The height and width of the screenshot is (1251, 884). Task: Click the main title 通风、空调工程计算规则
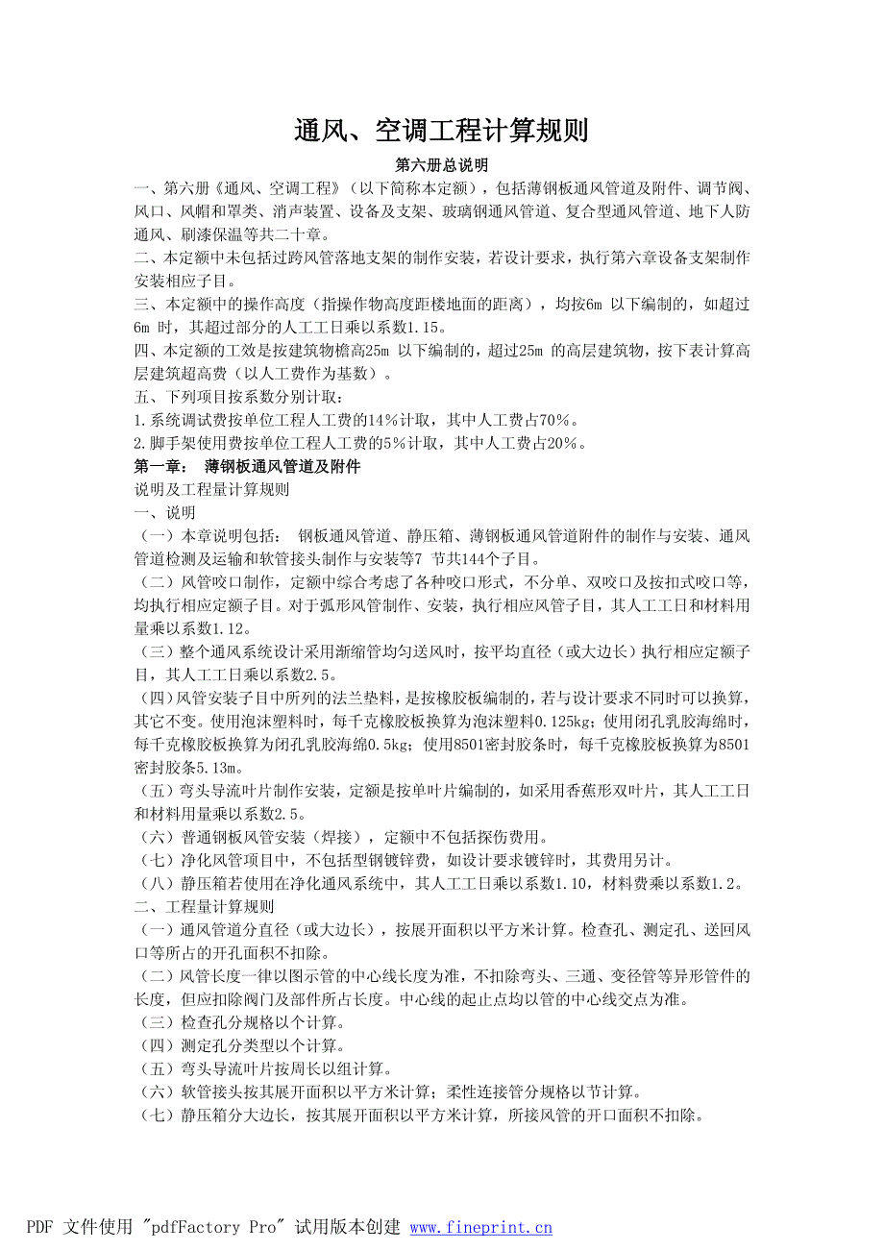pyautogui.click(x=441, y=131)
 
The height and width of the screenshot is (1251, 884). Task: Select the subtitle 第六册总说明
pyautogui.click(x=441, y=165)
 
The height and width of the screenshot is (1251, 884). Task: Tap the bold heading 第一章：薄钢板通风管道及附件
pyautogui.click(x=247, y=467)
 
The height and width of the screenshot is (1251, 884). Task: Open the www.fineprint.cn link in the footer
pyautogui.click(x=481, y=1227)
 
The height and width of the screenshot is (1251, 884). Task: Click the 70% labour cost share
pyautogui.click(x=557, y=420)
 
